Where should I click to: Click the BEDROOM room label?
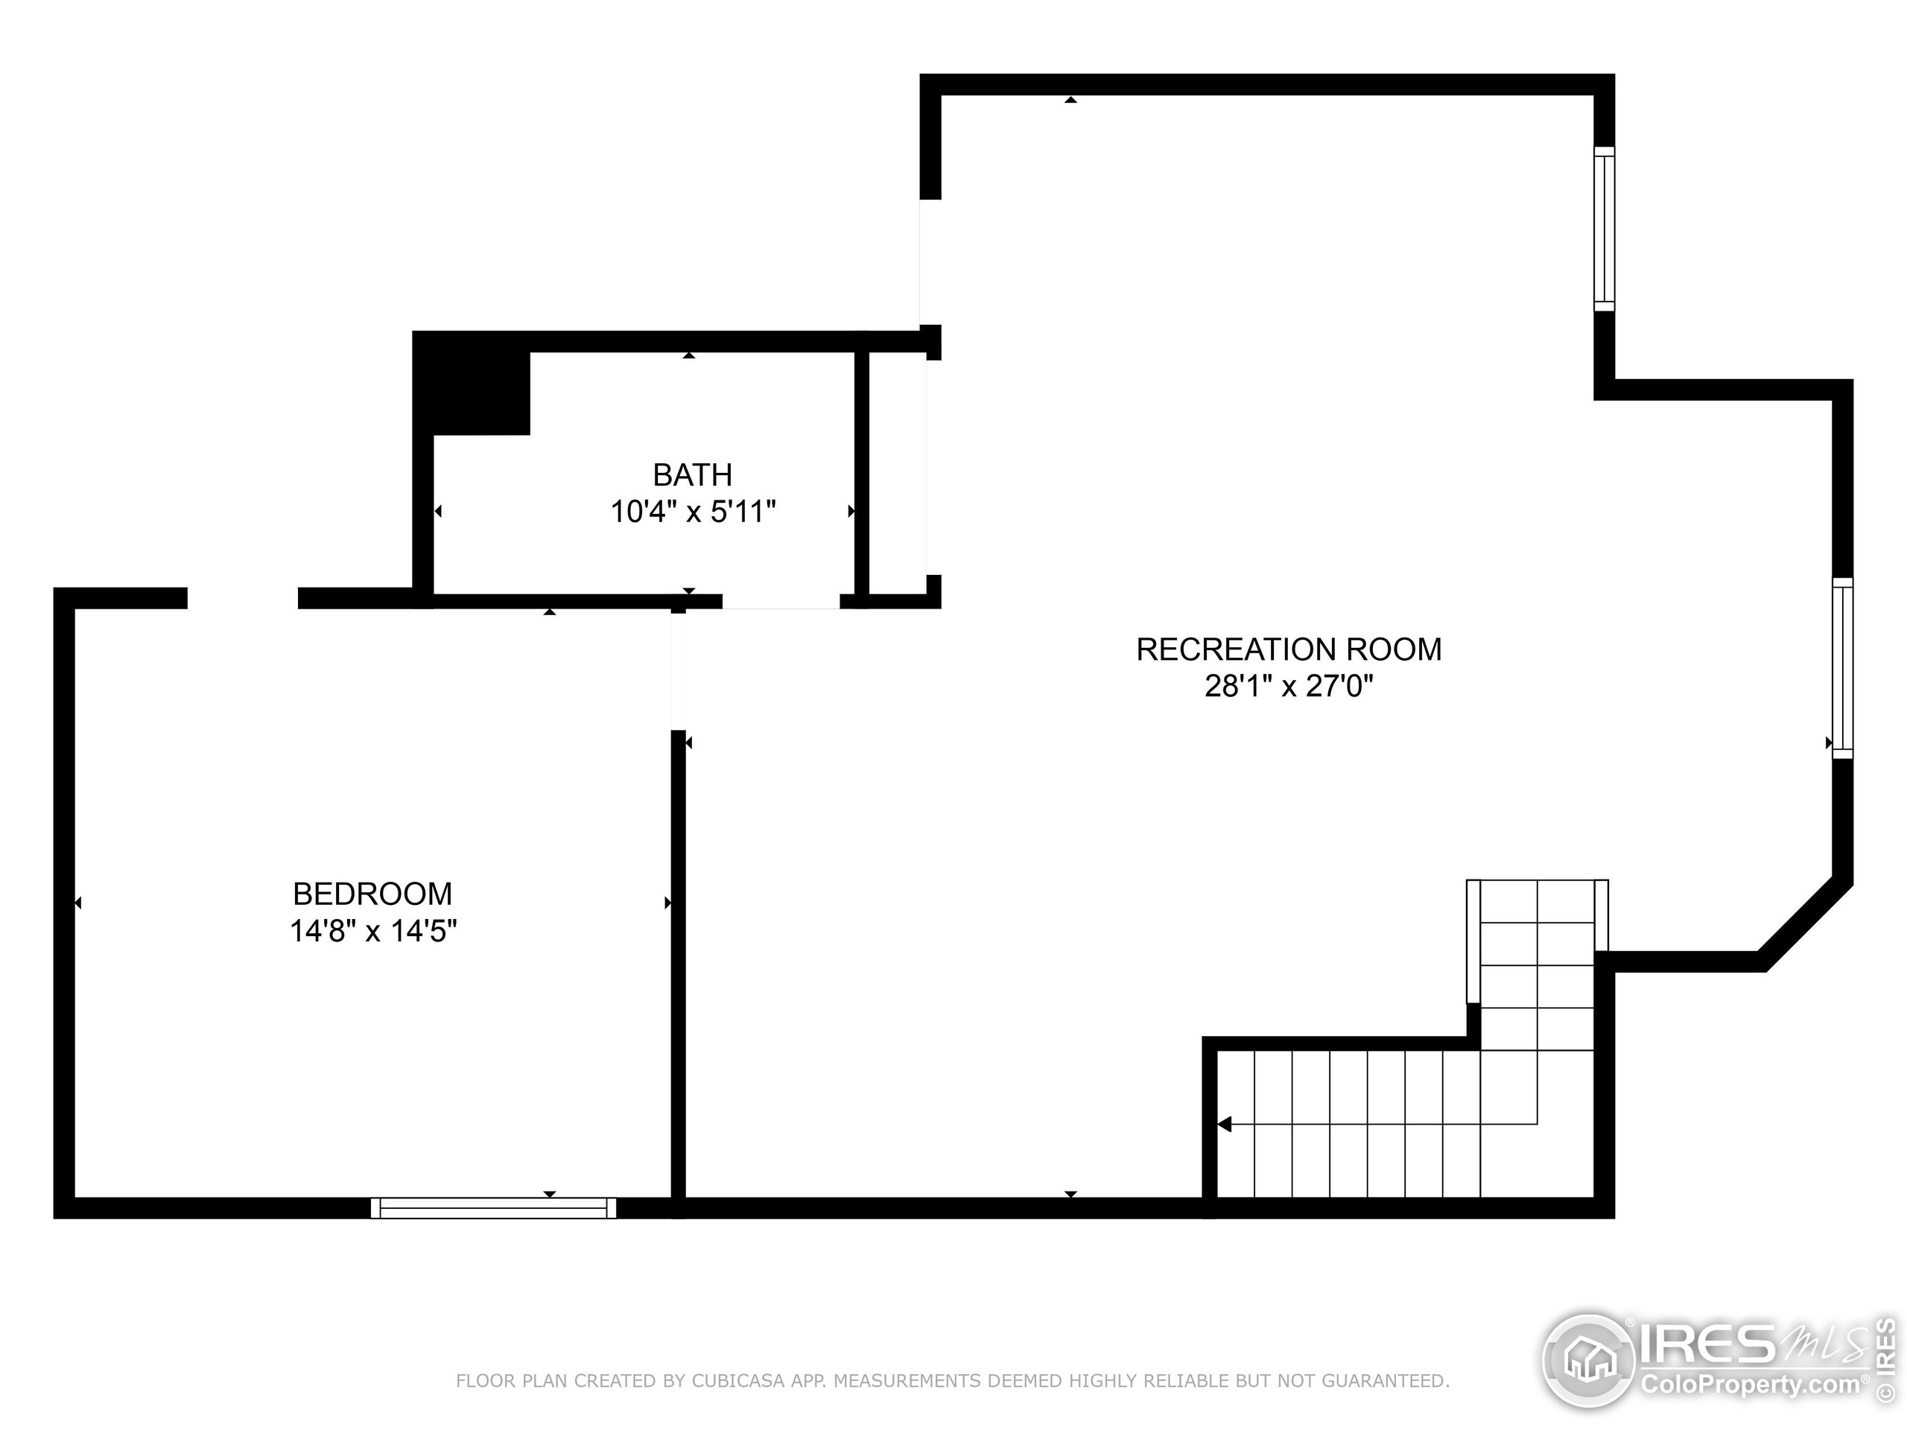pyautogui.click(x=372, y=894)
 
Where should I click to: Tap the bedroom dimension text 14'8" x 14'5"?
pyautogui.click(x=372, y=932)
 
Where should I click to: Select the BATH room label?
pyautogui.click(x=692, y=475)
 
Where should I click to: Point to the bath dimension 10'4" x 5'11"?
pyautogui.click(x=693, y=512)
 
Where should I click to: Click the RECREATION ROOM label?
pyautogui.click(x=1288, y=649)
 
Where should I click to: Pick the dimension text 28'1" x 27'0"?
pyautogui.click(x=1288, y=686)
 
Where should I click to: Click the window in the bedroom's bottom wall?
pyautogui.click(x=493, y=1207)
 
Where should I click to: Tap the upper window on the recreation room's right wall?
pyautogui.click(x=1604, y=229)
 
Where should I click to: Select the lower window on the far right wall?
pyautogui.click(x=1842, y=668)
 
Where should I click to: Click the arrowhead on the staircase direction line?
pyautogui.click(x=1224, y=1124)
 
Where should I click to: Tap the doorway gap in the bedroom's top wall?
pyautogui.click(x=242, y=598)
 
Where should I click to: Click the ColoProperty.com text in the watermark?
pyautogui.click(x=1750, y=1385)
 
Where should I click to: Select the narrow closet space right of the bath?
pyautogui.click(x=897, y=472)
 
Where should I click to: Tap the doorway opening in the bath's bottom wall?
pyautogui.click(x=780, y=601)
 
